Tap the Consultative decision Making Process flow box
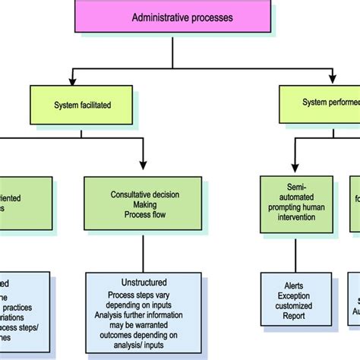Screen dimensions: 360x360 pos(143,204)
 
